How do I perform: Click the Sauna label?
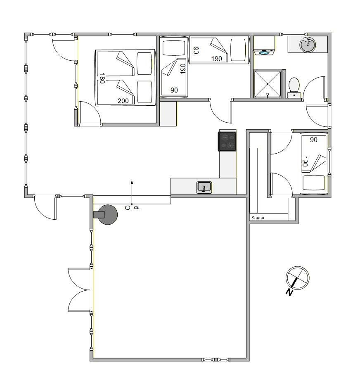258,218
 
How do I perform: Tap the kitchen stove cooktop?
227,141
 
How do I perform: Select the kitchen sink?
204,187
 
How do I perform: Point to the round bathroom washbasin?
308,45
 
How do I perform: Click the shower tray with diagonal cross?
268,84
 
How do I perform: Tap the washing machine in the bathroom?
264,45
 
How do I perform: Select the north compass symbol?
297,278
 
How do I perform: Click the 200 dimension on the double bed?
123,101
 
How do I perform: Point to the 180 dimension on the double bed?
102,78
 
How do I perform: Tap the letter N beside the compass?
289,292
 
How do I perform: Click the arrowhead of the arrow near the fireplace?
132,182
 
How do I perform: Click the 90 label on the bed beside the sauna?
314,140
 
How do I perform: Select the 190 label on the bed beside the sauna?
304,161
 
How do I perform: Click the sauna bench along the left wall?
253,180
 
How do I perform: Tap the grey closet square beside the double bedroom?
168,114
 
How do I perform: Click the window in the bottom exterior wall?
216,359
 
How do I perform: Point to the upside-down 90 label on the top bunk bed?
196,50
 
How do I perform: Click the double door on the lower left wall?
79,289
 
